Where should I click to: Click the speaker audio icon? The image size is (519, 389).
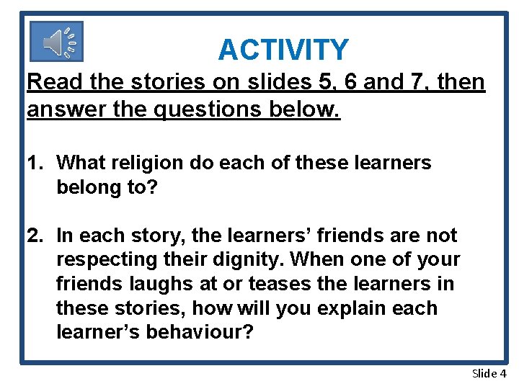[57, 42]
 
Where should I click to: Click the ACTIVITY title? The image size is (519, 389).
[283, 50]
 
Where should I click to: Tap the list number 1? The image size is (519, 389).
[33, 163]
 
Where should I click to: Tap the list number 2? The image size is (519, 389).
[33, 236]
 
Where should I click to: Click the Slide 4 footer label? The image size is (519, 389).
[489, 373]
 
